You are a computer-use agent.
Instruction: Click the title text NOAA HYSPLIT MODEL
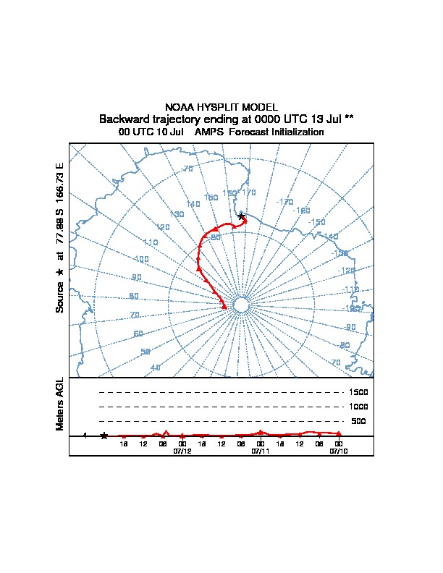(221, 107)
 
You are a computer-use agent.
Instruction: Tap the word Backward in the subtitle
(124, 119)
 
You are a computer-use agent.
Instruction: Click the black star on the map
(242, 216)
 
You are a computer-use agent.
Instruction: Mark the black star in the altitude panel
(104, 436)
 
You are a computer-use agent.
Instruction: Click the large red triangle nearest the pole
(224, 307)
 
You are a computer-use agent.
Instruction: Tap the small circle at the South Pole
(242, 305)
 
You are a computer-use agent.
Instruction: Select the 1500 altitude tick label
(358, 392)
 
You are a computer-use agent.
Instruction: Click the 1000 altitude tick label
(358, 407)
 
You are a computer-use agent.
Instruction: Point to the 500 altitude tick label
(358, 421)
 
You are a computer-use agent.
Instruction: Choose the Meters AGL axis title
(61, 404)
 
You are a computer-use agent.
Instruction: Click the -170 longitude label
(284, 202)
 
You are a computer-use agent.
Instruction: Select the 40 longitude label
(155, 368)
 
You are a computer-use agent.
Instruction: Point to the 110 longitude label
(151, 242)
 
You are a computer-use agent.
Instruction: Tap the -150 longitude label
(316, 222)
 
